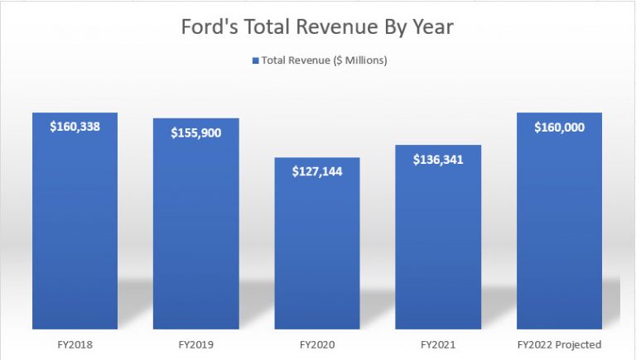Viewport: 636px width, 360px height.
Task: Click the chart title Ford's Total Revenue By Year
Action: click(x=318, y=26)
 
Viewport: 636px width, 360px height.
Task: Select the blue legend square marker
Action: click(x=256, y=61)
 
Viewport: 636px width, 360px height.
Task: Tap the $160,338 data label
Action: click(x=75, y=127)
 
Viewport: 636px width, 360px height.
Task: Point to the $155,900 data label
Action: click(x=196, y=132)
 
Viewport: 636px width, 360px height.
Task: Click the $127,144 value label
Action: click(x=317, y=171)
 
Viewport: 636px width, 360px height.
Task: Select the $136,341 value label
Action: click(x=438, y=159)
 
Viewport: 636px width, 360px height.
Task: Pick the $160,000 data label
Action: click(x=559, y=127)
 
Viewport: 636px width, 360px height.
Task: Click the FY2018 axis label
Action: click(x=75, y=343)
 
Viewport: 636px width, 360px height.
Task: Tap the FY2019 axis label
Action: click(x=196, y=343)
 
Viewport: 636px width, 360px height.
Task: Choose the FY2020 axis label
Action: click(x=317, y=343)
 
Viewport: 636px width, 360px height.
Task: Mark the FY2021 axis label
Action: click(x=438, y=343)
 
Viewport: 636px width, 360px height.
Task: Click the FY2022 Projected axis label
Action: click(x=559, y=343)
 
